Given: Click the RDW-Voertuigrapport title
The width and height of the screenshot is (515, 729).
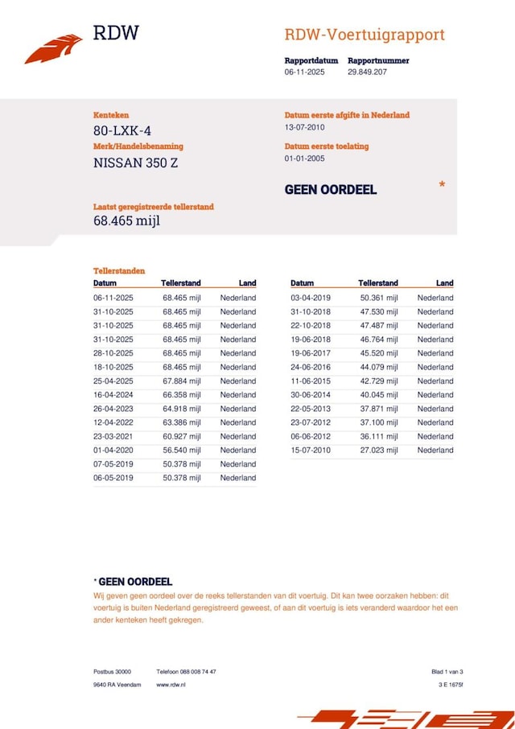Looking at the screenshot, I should coord(364,35).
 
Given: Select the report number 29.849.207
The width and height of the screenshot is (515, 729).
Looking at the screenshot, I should coord(368,72).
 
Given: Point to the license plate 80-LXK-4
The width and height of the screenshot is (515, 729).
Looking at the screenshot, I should coord(121,131).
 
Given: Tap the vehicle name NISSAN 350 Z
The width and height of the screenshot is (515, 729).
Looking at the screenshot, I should coord(135,163).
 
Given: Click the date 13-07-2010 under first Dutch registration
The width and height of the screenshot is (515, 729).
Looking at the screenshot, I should coord(304,127).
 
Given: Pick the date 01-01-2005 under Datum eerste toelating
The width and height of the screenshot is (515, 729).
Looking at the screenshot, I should coord(304,159).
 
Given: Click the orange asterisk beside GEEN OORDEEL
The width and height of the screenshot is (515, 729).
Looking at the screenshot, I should coord(442,186).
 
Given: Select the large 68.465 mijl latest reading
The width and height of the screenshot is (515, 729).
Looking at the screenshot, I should coord(126,220).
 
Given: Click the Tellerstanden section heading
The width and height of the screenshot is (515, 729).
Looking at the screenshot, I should coord(119,271).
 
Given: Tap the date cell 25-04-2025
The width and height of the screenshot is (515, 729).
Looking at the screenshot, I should coord(113,381).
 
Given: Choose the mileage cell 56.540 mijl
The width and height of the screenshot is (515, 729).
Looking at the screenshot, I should coord(181,450).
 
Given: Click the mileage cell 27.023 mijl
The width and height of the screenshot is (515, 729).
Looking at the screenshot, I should coord(378,450).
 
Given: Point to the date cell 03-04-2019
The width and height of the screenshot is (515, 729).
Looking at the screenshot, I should coord(310,298).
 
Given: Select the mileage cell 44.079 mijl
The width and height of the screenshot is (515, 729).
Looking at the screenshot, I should coord(378,367).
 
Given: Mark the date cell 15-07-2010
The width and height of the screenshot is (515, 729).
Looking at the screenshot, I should coord(310,450).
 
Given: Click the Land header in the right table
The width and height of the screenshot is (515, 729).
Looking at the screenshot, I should coord(445,283).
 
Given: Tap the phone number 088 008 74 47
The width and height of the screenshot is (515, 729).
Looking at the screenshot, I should coord(196,671).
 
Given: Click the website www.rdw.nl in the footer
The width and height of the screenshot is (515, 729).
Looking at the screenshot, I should coord(172,685).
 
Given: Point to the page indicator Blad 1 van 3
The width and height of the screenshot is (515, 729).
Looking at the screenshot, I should coord(447,671).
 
